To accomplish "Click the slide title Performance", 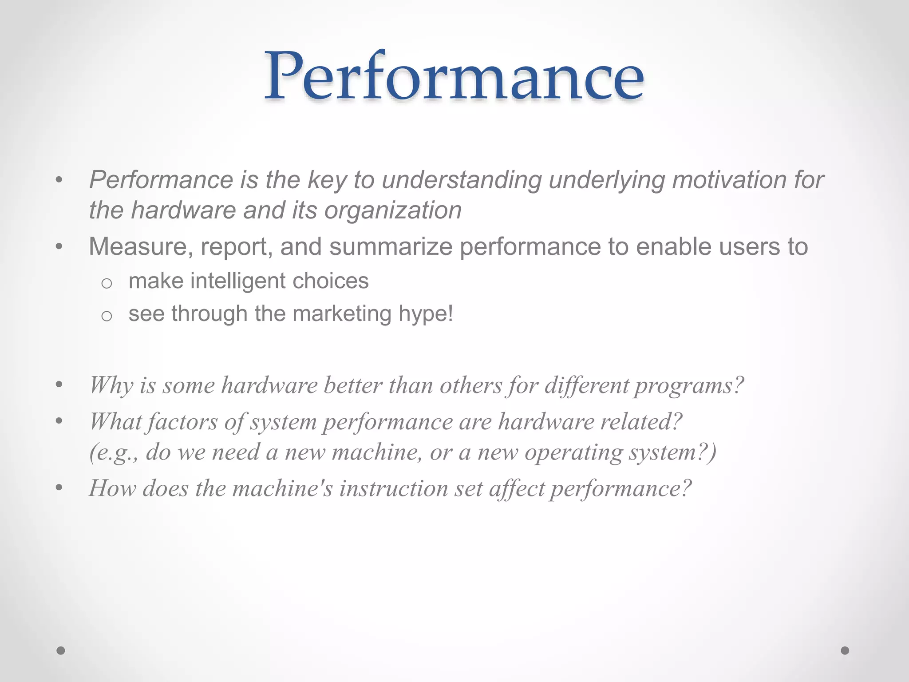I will pos(454,76).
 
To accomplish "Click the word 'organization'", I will pos(393,211).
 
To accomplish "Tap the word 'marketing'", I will pos(342,314).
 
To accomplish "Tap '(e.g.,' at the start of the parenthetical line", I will pos(114,453).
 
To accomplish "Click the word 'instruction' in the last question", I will pos(394,489).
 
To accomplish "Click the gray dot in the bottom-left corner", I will pos(61,650).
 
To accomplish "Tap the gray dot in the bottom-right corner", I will pos(845,650).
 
